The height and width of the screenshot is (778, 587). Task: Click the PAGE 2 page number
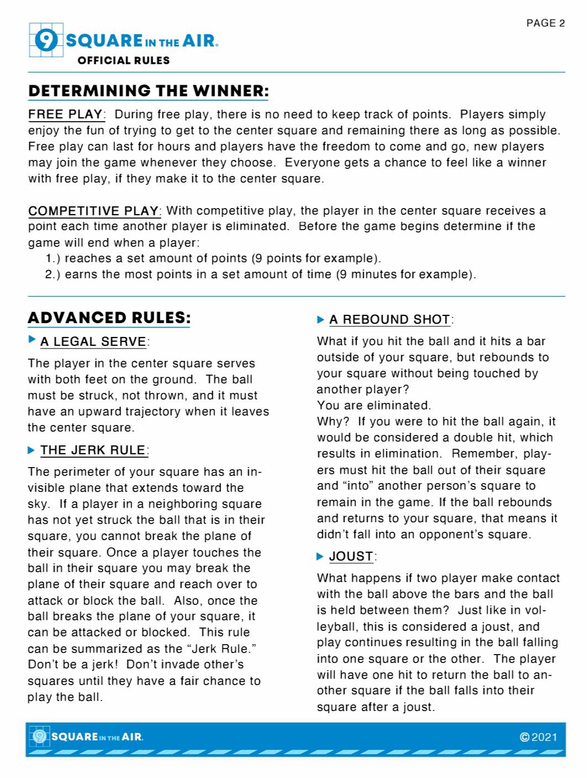(x=545, y=23)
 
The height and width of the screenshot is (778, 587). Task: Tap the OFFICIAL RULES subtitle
(x=123, y=60)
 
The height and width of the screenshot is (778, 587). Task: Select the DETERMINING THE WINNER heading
(x=149, y=91)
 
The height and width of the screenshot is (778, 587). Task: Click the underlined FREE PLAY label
(x=65, y=115)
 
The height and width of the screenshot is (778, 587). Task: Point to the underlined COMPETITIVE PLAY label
(x=93, y=211)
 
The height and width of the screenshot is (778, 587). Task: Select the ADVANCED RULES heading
(x=109, y=318)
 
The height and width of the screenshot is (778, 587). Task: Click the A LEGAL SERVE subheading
(x=93, y=342)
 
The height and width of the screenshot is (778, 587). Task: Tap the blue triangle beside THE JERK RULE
(x=32, y=450)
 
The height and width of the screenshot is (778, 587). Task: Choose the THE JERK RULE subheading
(x=93, y=450)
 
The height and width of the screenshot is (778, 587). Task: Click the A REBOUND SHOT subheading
(x=390, y=320)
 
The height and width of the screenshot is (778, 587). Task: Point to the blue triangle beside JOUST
(x=320, y=556)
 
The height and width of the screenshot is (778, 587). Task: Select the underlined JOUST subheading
(x=351, y=557)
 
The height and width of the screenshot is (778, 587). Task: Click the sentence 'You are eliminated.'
(x=374, y=406)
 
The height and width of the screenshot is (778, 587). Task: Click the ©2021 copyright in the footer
(x=538, y=737)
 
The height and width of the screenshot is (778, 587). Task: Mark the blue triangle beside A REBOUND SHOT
(x=321, y=320)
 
